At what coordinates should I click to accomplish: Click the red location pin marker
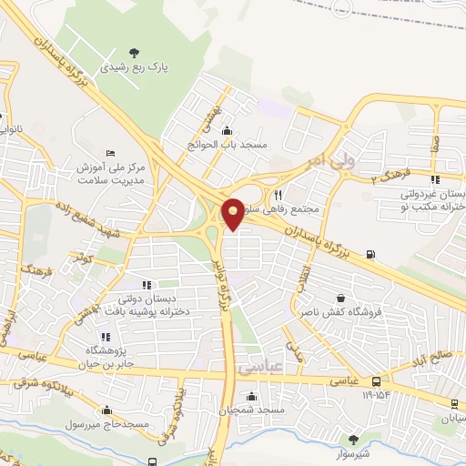click(234, 213)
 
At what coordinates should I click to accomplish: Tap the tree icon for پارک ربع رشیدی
click(134, 52)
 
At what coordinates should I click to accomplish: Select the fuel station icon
click(370, 254)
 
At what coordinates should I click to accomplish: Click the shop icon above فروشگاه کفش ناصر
click(340, 298)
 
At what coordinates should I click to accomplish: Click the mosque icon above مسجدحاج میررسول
click(108, 410)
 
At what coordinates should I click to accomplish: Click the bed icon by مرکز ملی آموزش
click(111, 152)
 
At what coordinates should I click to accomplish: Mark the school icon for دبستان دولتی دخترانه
click(147, 286)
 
